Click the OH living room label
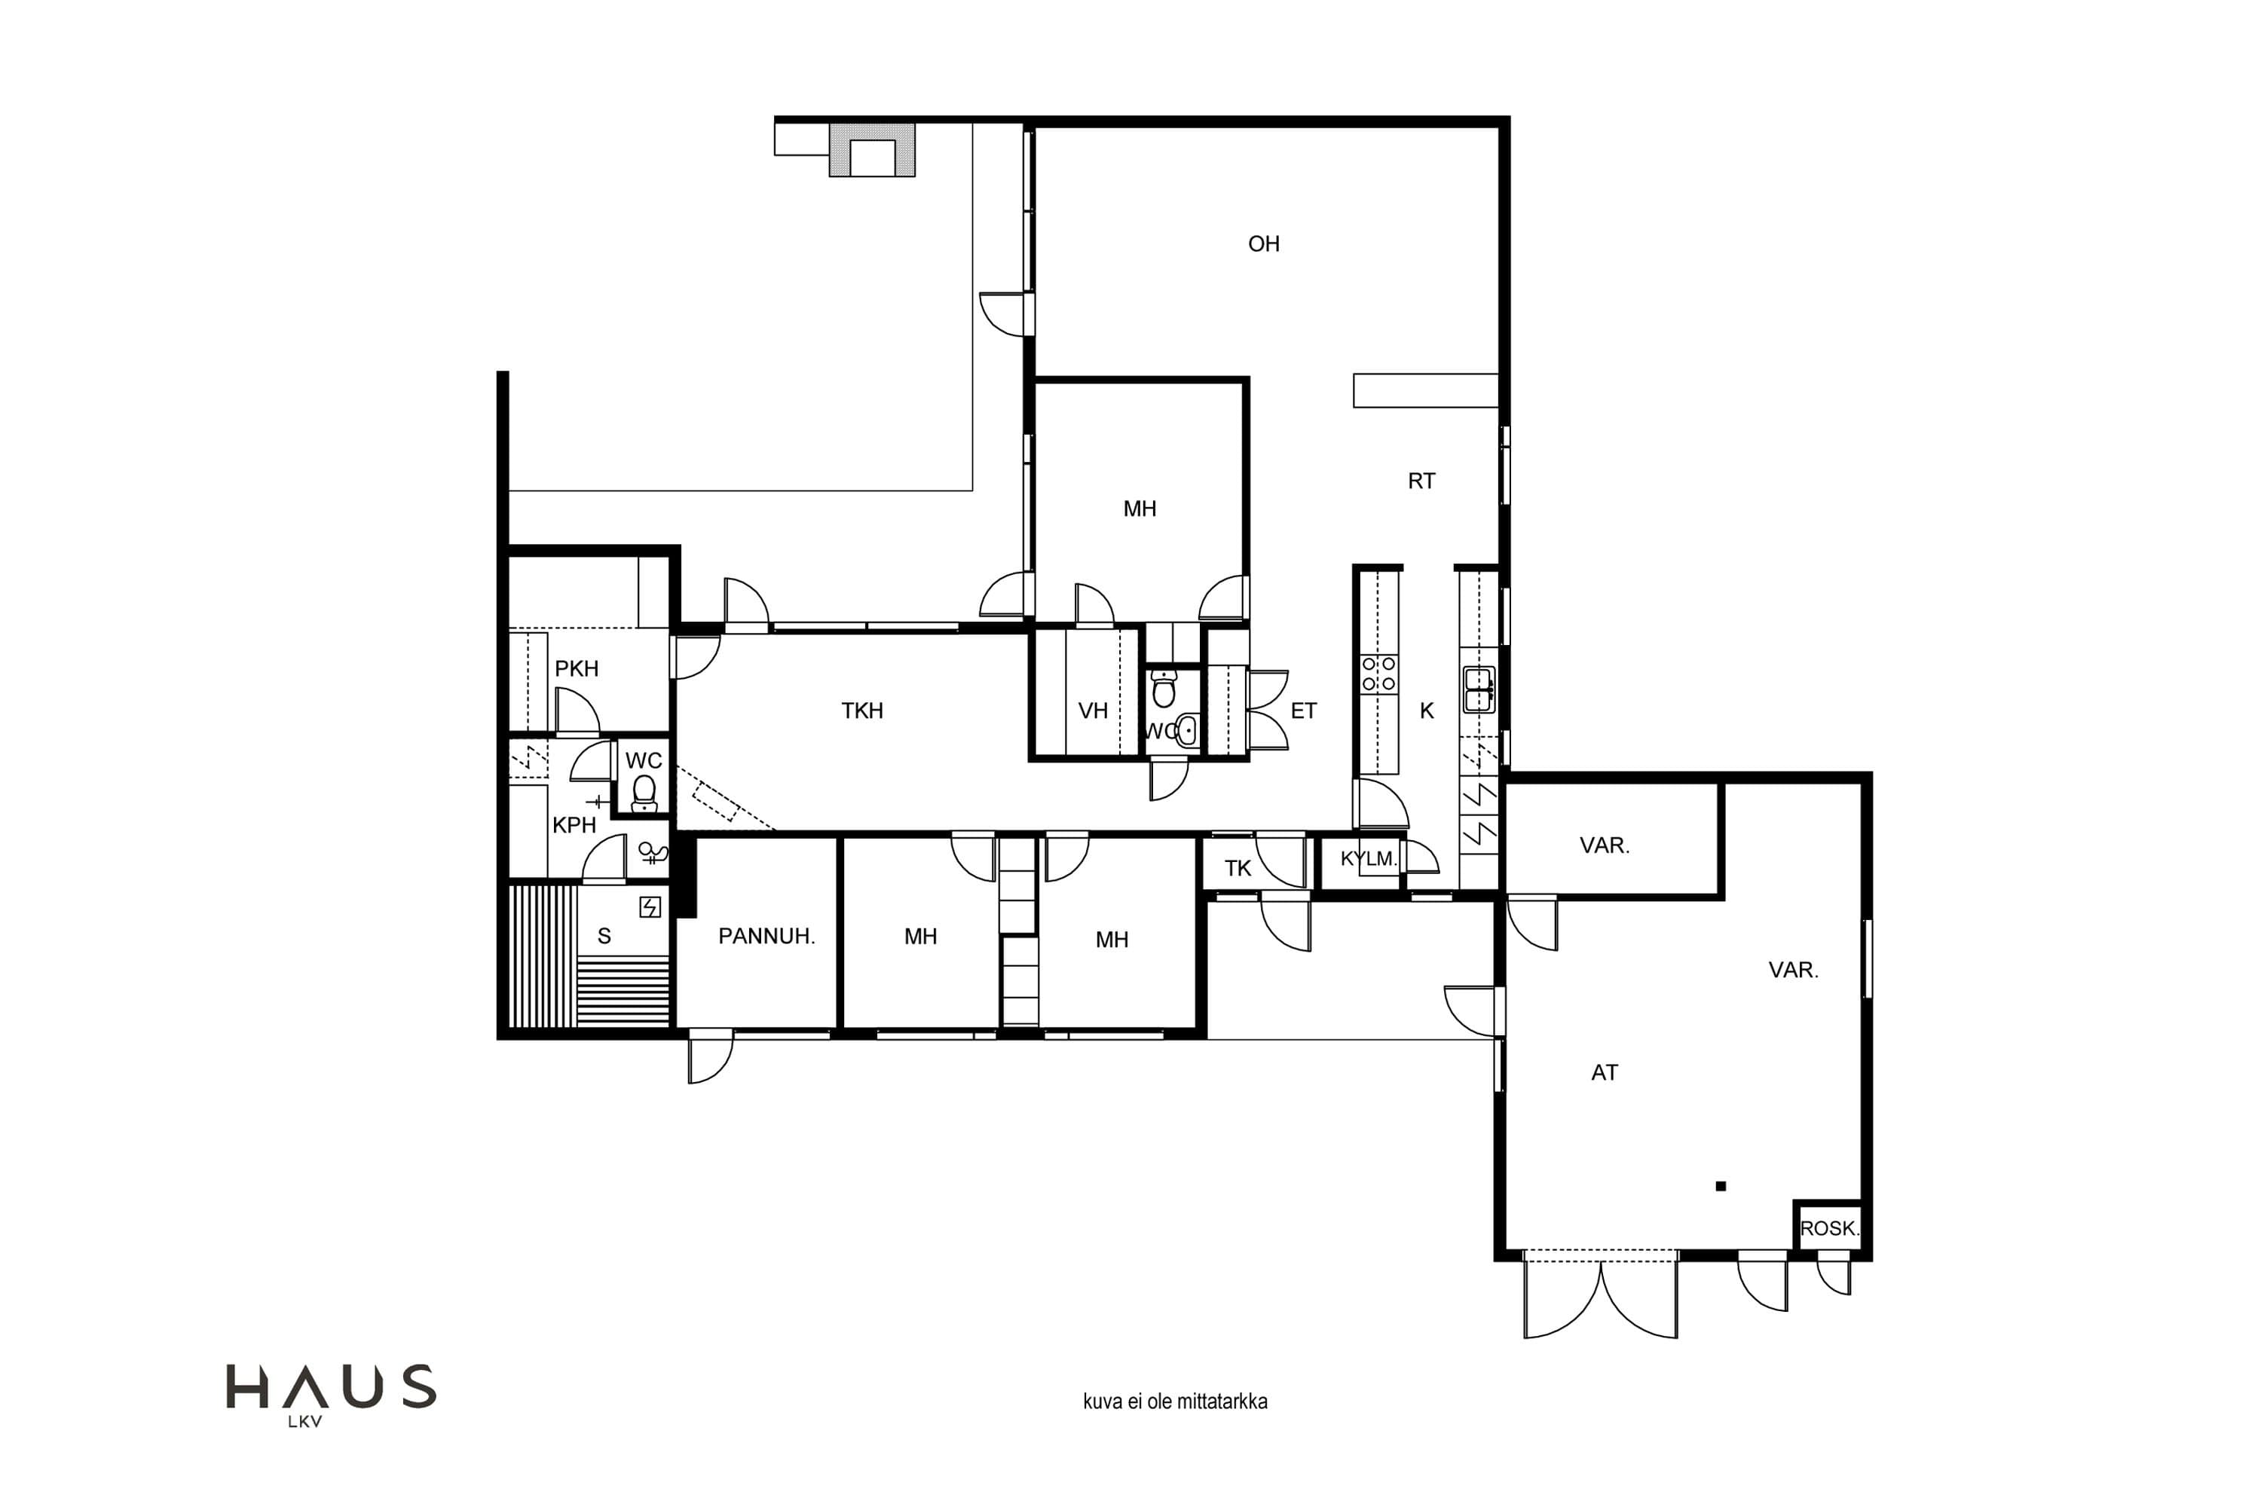click(1263, 244)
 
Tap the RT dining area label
click(1421, 481)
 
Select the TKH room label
click(861, 711)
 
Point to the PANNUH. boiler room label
click(766, 936)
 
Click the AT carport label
click(1605, 1072)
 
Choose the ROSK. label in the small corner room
click(1829, 1228)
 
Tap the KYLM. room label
click(1369, 858)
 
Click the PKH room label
click(577, 669)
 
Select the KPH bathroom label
click(574, 824)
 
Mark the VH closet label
click(1093, 711)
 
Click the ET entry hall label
click(1304, 711)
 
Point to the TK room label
click(1238, 869)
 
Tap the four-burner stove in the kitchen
click(1378, 674)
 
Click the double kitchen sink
click(1479, 690)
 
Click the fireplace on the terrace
click(873, 151)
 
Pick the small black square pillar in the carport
click(1721, 1186)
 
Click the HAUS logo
click(331, 1393)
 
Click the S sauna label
click(604, 936)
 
